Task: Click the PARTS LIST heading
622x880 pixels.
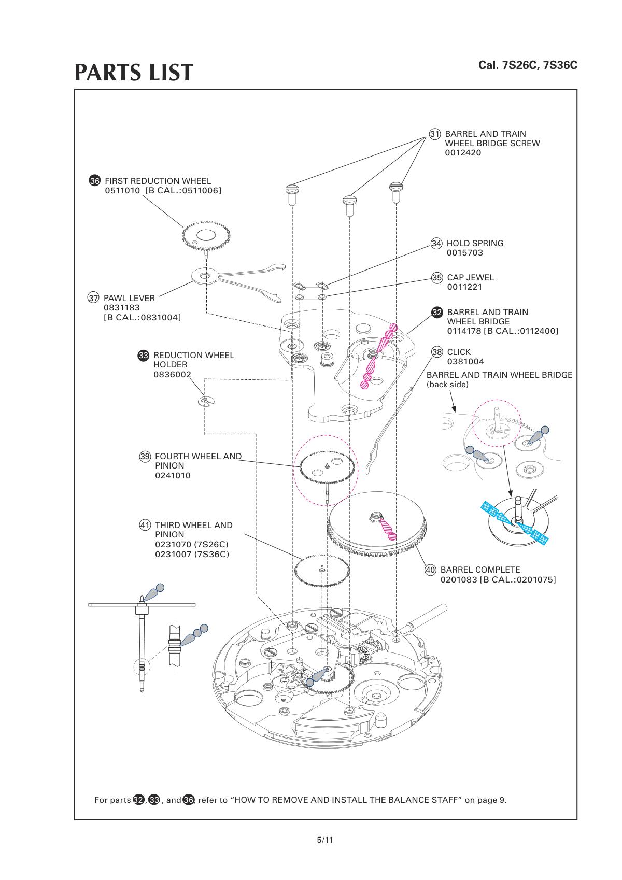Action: [134, 73]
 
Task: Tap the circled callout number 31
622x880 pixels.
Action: [435, 134]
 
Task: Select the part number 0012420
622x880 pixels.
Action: [463, 153]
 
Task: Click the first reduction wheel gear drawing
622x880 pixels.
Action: [206, 236]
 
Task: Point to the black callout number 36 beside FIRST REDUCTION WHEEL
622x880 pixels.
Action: [95, 181]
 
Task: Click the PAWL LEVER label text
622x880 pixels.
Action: [129, 298]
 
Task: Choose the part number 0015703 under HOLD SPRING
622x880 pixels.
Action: [464, 253]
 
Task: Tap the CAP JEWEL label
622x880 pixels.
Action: [470, 277]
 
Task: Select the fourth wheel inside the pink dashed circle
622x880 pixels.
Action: [326, 466]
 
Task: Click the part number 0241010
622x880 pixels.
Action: [173, 475]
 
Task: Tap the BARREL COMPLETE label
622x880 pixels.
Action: [480, 570]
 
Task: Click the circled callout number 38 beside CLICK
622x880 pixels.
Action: [437, 352]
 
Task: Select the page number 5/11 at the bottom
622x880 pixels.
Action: [325, 840]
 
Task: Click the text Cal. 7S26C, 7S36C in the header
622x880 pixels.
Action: [528, 65]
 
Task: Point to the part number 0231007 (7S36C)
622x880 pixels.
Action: [192, 554]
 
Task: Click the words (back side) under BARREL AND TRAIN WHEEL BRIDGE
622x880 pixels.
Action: [447, 385]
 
